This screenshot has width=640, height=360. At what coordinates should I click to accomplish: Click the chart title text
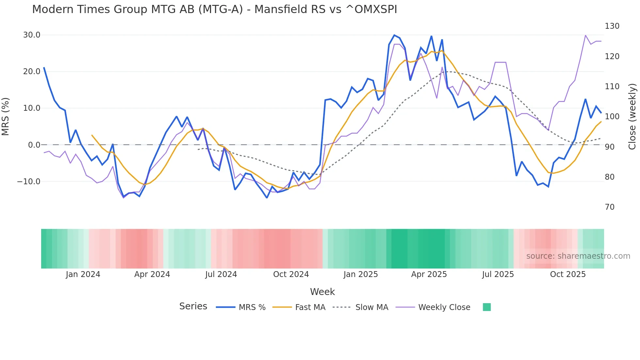tap(215, 9)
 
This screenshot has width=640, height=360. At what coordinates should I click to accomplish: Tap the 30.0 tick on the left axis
tap(32, 35)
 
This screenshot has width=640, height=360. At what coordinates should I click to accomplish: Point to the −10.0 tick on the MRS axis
tap(29, 182)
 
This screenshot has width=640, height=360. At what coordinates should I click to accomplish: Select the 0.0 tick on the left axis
tap(34, 145)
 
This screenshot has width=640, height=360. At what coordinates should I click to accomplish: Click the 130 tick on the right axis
tap(612, 26)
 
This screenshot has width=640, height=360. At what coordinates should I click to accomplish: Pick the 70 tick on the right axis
tap(610, 207)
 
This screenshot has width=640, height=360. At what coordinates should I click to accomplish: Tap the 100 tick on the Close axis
tap(612, 117)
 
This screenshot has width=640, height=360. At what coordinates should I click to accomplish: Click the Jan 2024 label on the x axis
tap(83, 274)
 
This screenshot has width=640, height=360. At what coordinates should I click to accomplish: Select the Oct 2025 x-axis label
tap(568, 274)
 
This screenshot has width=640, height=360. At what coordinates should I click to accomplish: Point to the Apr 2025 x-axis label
tap(429, 274)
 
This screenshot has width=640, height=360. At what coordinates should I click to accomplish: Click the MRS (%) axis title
tap(6, 117)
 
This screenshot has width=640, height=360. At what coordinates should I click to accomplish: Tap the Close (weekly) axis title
tap(632, 117)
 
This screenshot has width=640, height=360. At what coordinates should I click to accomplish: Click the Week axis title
tap(322, 292)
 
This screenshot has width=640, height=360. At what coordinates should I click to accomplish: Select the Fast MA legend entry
tap(299, 307)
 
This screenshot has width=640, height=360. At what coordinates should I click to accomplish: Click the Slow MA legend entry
tap(360, 307)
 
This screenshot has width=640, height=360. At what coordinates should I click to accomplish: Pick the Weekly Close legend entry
tap(433, 307)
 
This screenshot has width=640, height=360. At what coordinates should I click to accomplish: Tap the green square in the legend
tap(487, 307)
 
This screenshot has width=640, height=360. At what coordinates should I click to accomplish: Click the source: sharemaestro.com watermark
tap(578, 256)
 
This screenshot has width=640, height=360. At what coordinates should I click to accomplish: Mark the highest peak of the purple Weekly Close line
tap(585, 35)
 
